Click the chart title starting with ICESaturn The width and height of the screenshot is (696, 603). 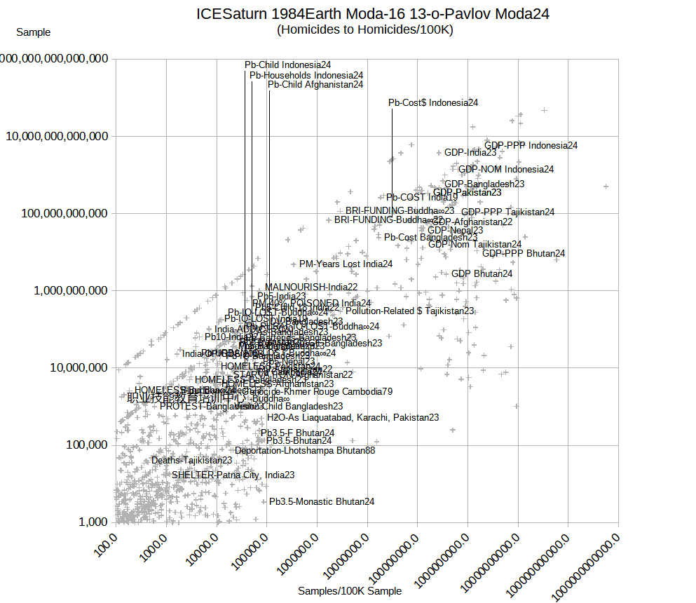click(x=372, y=14)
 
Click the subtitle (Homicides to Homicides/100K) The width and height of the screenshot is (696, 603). click(x=364, y=29)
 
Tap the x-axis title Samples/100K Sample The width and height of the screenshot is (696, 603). click(x=350, y=591)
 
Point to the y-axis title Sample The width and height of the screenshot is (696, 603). click(x=33, y=32)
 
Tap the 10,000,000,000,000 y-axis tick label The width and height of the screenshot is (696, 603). click(x=57, y=136)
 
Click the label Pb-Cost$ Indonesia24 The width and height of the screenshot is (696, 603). click(x=434, y=103)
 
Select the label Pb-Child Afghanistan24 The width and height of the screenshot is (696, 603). click(x=315, y=85)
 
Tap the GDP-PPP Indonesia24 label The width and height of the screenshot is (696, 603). click(x=531, y=146)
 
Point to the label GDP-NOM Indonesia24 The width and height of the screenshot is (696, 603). click(x=506, y=169)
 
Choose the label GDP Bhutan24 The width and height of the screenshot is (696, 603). click(x=482, y=273)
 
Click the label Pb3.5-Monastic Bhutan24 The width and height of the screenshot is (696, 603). click(x=322, y=502)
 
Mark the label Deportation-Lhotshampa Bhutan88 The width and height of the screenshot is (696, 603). click(x=305, y=451)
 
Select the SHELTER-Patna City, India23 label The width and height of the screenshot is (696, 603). click(x=233, y=475)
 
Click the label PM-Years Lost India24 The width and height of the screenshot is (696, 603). click(x=346, y=264)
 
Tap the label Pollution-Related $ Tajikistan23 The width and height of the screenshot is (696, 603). click(x=410, y=311)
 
